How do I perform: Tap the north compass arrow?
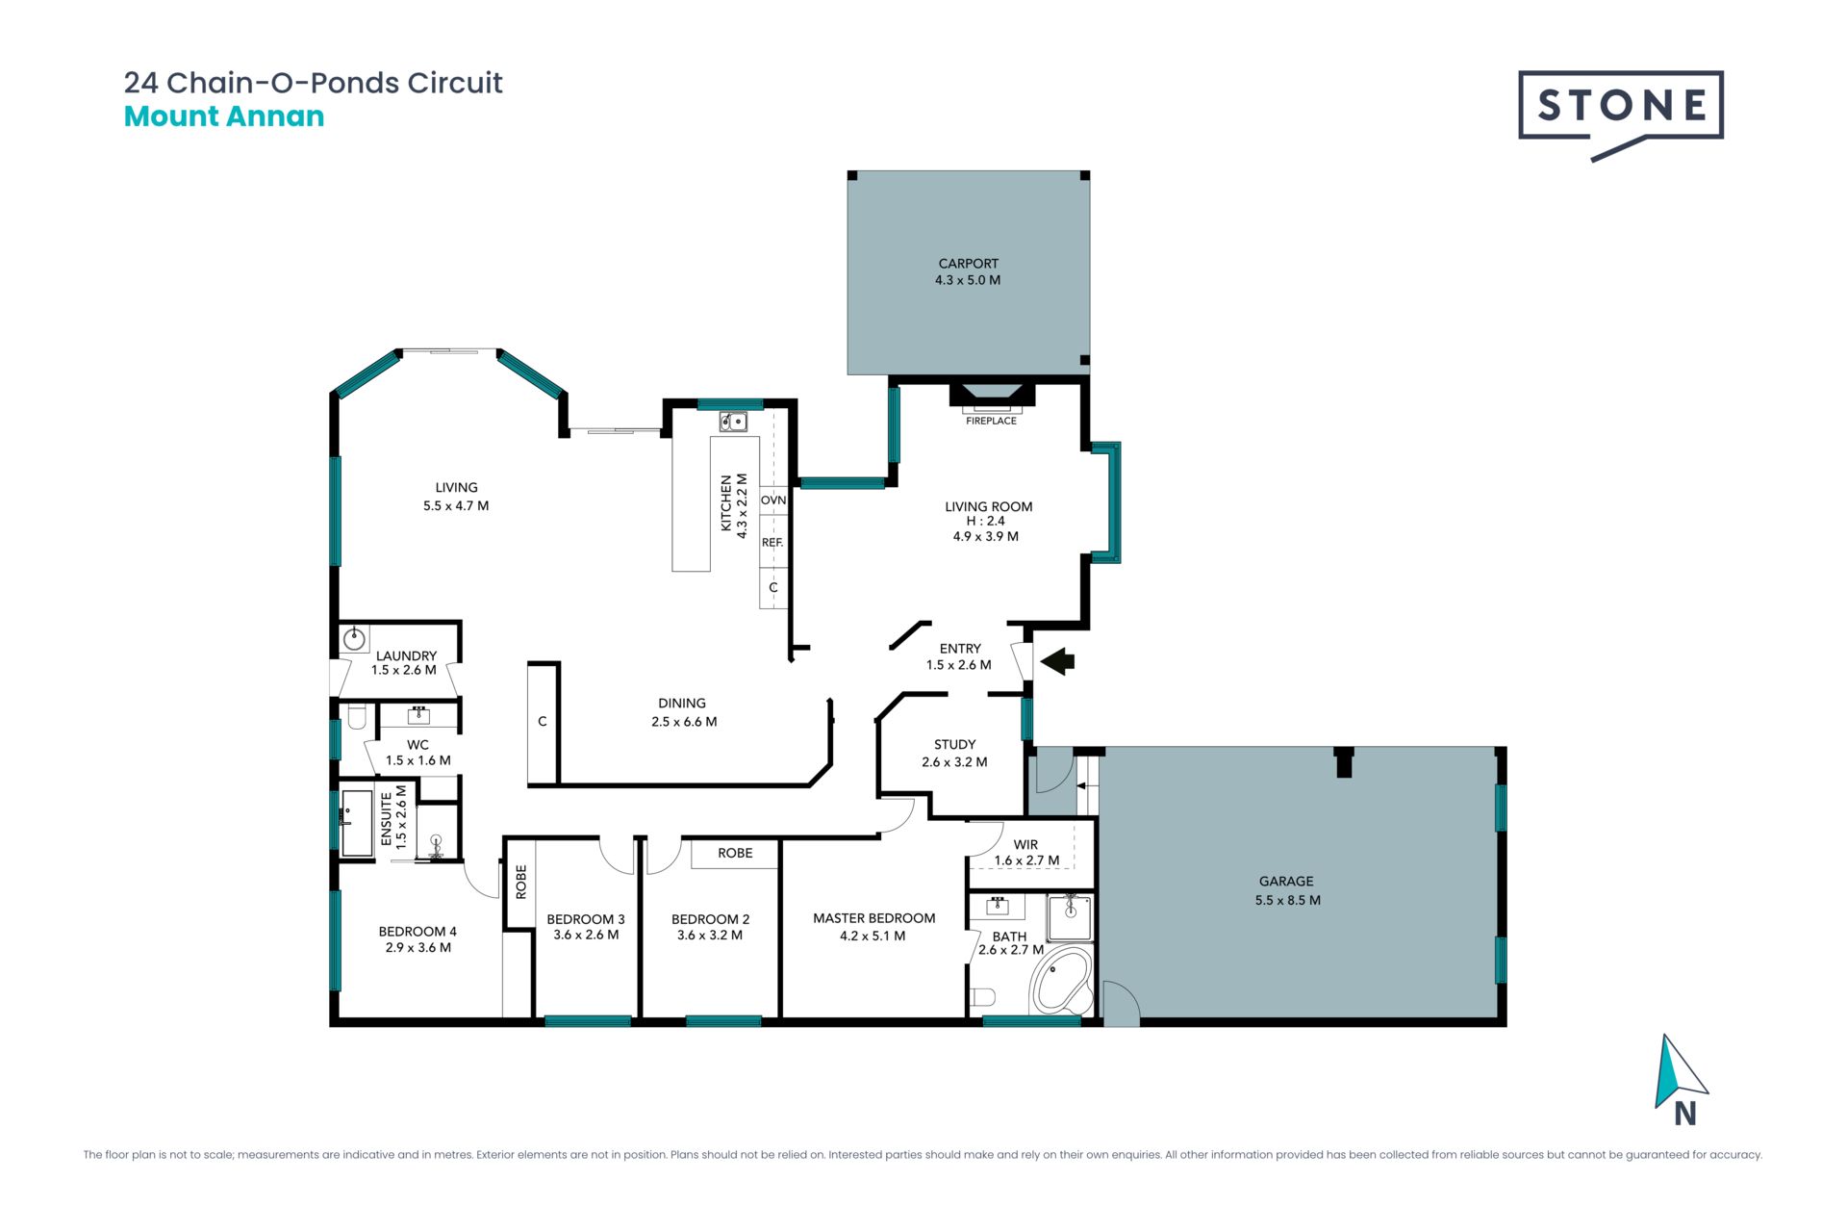(x=1678, y=1073)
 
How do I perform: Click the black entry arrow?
(x=1057, y=661)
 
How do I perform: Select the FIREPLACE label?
(x=991, y=421)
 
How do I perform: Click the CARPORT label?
(x=968, y=264)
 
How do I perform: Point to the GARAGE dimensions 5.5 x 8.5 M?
(x=1287, y=900)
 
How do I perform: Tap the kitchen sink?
(x=733, y=422)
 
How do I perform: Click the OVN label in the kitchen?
(x=773, y=500)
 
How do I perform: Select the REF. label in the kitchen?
(x=772, y=543)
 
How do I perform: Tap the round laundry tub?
(x=355, y=637)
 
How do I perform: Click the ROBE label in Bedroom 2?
(x=735, y=853)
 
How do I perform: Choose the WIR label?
(x=1025, y=844)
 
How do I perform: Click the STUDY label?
(x=954, y=745)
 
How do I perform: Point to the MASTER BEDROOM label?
(x=873, y=918)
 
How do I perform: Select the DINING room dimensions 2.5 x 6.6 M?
(x=684, y=722)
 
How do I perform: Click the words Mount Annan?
(x=224, y=116)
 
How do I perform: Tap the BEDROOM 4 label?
(x=417, y=932)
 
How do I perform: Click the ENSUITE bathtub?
(x=357, y=824)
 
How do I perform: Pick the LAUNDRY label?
(x=406, y=655)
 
